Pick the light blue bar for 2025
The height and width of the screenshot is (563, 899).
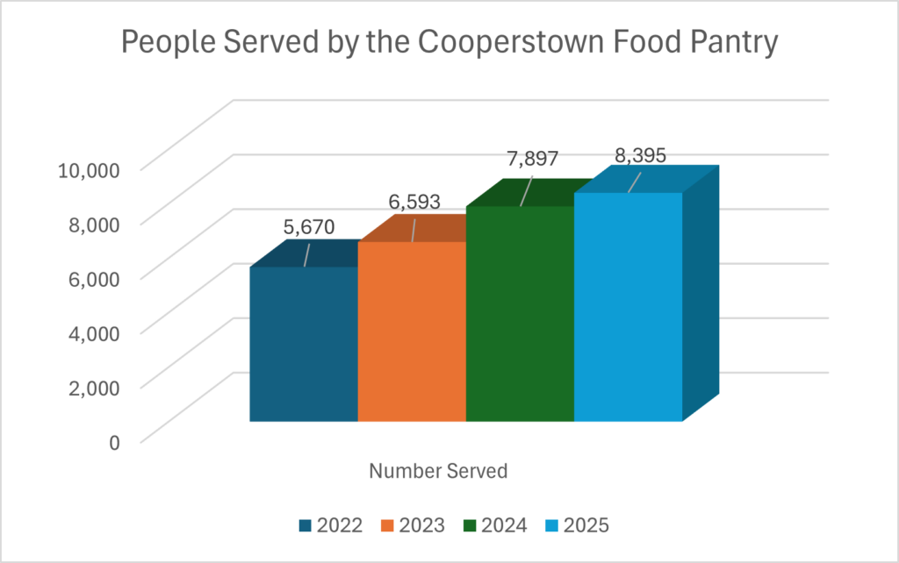tap(628, 306)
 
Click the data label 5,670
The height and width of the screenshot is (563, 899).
tap(308, 228)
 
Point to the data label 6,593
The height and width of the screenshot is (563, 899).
tap(414, 202)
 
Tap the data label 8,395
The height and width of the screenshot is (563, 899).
tap(640, 155)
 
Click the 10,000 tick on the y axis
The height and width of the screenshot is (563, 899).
tap(87, 169)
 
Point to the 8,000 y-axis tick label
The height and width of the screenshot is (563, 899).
tap(92, 224)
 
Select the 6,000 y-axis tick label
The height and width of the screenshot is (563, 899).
tap(92, 278)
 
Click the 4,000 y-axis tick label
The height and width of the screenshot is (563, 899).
tap(92, 332)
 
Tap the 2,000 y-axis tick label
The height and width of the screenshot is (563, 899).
tap(92, 387)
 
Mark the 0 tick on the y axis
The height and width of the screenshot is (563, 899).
tap(113, 441)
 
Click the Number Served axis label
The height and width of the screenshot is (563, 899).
tap(438, 471)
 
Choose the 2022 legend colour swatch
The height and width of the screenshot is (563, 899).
tap(305, 526)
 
